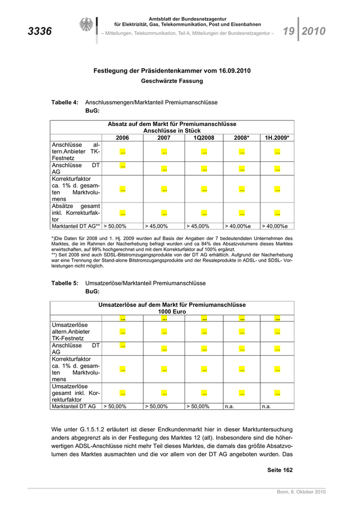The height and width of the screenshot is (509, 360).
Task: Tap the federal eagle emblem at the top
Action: tap(85, 25)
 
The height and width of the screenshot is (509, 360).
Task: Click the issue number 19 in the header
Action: tap(289, 31)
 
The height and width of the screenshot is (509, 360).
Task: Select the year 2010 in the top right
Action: tap(314, 31)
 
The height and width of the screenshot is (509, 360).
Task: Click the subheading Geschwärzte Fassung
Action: tap(172, 81)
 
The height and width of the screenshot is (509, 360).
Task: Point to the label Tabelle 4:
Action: tap(65, 102)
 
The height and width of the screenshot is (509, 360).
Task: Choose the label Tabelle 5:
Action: tap(65, 283)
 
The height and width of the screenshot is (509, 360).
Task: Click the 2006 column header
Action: tap(122, 138)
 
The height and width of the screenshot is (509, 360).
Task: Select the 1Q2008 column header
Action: tap(204, 138)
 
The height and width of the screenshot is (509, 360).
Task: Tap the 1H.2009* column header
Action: tap(277, 138)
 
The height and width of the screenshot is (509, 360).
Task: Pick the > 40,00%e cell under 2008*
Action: tap(237, 226)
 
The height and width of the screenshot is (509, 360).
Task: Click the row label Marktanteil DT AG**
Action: tap(76, 226)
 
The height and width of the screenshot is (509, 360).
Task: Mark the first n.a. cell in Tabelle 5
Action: tap(229, 406)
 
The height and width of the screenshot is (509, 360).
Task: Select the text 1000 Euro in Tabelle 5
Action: tap(172, 312)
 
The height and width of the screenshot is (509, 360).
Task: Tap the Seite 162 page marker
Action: tap(280, 470)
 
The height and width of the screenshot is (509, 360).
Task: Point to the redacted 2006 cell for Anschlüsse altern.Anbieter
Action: tap(123, 152)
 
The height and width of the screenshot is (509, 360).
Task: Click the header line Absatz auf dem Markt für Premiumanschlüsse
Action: tap(172, 124)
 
